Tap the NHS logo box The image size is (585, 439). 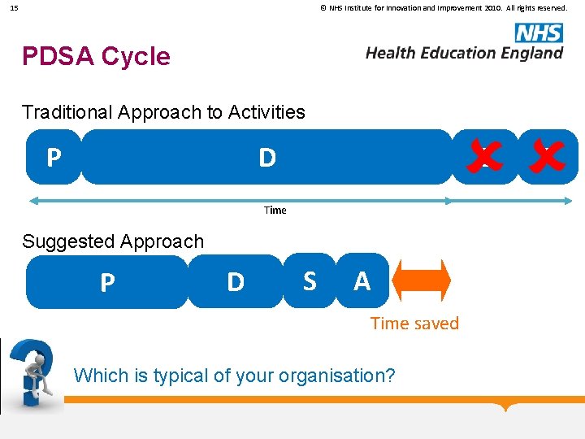(538, 33)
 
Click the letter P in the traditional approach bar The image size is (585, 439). (54, 157)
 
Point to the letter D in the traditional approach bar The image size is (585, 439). (266, 158)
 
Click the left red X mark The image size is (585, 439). (483, 156)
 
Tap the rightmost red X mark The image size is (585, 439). (547, 156)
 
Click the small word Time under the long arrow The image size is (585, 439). (275, 210)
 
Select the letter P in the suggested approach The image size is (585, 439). (107, 282)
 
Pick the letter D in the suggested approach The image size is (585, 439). (236, 282)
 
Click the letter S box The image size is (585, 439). (310, 280)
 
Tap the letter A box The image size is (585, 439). (362, 280)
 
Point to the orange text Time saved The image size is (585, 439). (414, 324)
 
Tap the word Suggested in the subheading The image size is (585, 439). (66, 241)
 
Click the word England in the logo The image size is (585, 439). (529, 53)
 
